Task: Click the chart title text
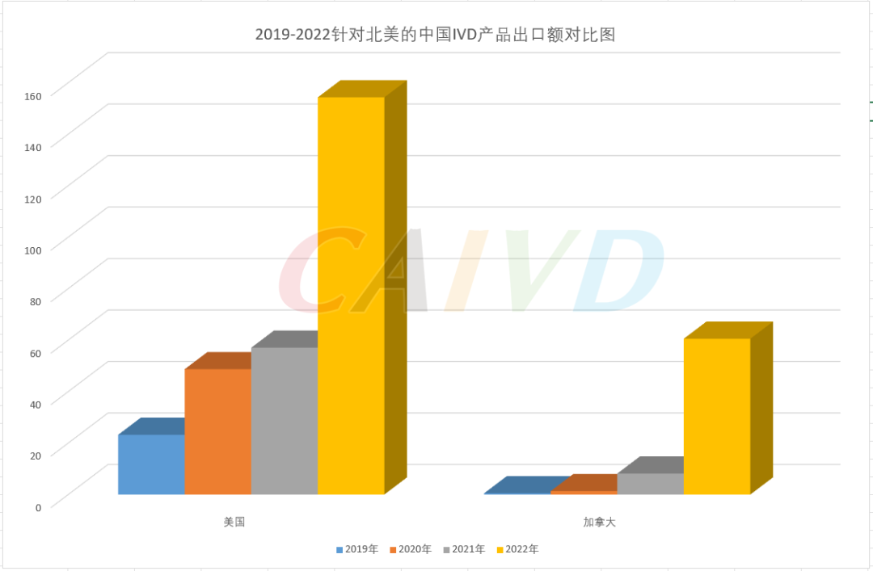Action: coord(436,34)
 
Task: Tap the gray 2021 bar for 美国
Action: coord(285,421)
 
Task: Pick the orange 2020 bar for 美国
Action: coord(217,431)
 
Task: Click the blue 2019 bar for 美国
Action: coord(151,464)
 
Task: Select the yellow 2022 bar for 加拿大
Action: coord(716,416)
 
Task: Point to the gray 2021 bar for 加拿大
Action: coord(650,484)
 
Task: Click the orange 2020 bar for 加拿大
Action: coord(584,492)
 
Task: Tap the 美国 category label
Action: coord(234,523)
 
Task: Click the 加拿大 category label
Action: coord(600,523)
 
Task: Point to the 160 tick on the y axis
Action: coord(32,95)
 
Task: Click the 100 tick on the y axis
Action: coord(32,250)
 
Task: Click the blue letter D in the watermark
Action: coord(618,271)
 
